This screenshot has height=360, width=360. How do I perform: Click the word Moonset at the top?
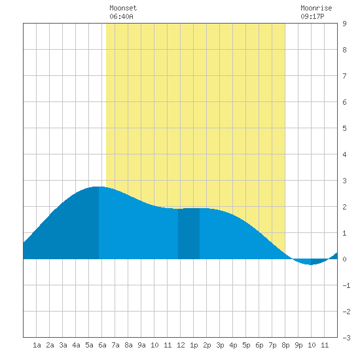pyautogui.click(x=123, y=8)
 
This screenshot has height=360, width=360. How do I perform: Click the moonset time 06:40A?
pyautogui.click(x=121, y=16)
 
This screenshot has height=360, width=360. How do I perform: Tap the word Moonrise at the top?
pyautogui.click(x=316, y=8)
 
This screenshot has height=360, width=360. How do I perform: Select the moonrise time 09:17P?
pyautogui.click(x=312, y=16)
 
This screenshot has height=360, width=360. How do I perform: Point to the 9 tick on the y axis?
pyautogui.click(x=344, y=24)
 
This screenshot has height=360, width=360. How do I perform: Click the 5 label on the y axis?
pyautogui.click(x=344, y=128)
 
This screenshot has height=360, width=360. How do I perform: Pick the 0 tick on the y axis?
pyautogui.click(x=344, y=259)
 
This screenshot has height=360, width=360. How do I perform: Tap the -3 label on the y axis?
pyautogui.click(x=346, y=338)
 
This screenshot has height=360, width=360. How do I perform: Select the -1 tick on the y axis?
pyautogui.click(x=346, y=285)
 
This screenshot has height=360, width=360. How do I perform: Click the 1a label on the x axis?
pyautogui.click(x=37, y=345)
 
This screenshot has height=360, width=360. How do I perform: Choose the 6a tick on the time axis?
pyautogui.click(x=102, y=345)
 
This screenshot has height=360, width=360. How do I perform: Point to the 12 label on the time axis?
pyautogui.click(x=181, y=345)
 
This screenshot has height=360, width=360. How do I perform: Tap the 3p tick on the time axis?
pyautogui.click(x=220, y=345)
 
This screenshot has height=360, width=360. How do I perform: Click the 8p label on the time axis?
pyautogui.click(x=285, y=345)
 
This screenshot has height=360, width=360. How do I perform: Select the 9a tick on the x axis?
pyautogui.click(x=141, y=345)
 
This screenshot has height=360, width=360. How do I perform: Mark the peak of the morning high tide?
pyautogui.click(x=99, y=187)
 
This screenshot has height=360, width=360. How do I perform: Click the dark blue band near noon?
pyautogui.click(x=189, y=234)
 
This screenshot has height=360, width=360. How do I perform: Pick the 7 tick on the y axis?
pyautogui.click(x=344, y=76)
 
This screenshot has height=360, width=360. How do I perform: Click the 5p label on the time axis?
pyautogui.click(x=246, y=345)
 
